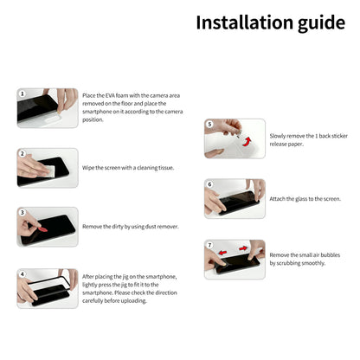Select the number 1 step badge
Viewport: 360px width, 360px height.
coord(22,92)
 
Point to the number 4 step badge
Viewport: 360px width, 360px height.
coord(22,273)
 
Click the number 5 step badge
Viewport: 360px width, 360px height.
coord(209,124)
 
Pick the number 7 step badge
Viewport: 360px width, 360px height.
coord(209,245)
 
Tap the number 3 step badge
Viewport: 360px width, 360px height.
coord(22,212)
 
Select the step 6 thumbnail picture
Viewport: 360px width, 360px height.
coord(235,198)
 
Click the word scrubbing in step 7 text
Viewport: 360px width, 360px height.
coord(291,263)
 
